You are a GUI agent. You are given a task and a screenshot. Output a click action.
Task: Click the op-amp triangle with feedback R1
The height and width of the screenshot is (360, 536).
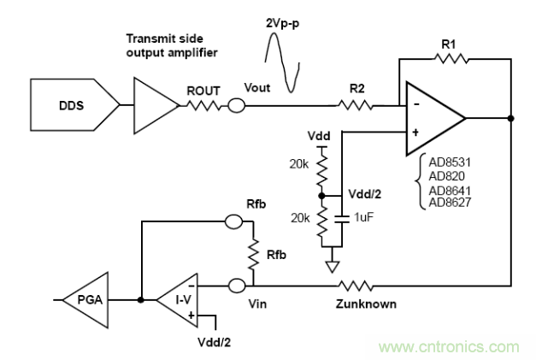432,118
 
